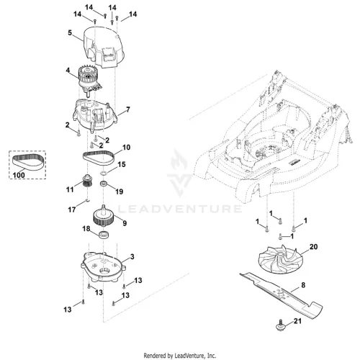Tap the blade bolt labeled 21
280,326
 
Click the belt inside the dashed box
28,162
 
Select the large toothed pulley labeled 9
104,215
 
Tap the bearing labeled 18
104,234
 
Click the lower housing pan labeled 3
103,267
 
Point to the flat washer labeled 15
104,174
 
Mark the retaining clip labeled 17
88,200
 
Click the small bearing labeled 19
104,184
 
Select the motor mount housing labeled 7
95,116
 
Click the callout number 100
19,175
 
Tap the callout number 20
313,247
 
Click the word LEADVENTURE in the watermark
180,209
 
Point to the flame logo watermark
180,174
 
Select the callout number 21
297,321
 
